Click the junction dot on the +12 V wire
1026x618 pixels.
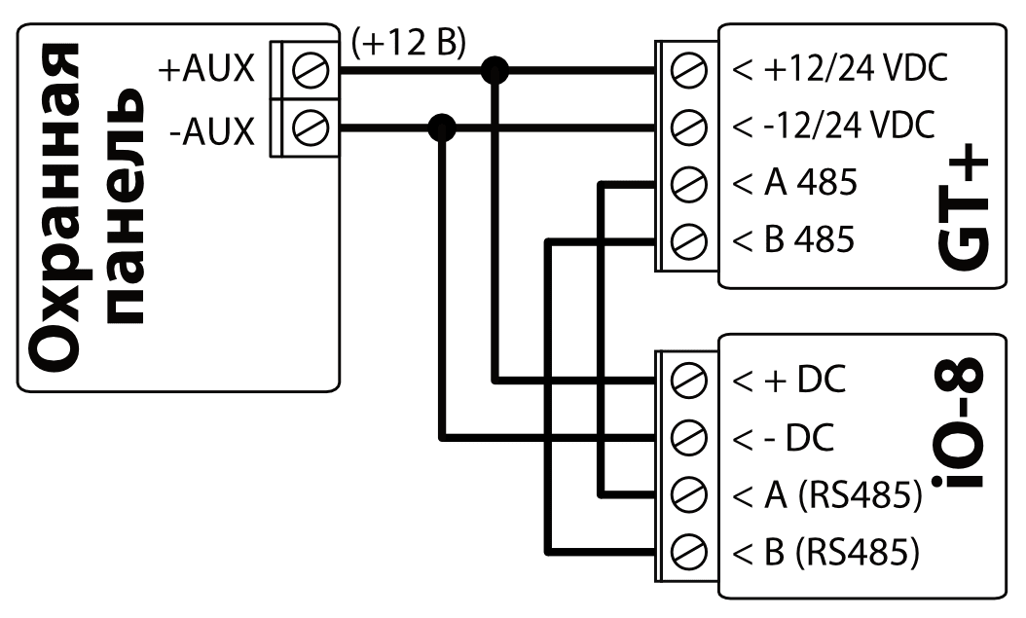496,70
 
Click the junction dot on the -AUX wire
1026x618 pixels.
443,127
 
